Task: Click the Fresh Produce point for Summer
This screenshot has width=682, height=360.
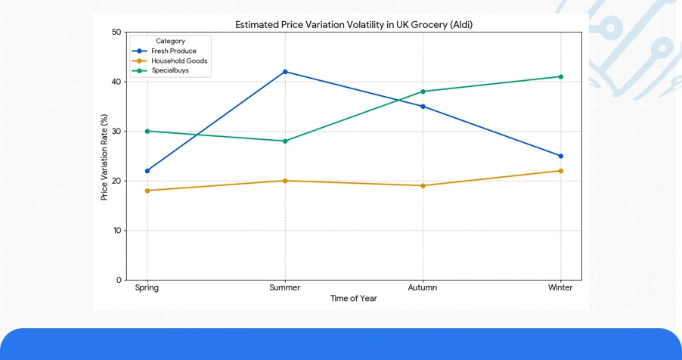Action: pos(285,72)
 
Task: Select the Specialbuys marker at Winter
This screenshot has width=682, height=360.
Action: pos(560,76)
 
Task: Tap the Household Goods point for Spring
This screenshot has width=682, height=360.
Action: pos(147,191)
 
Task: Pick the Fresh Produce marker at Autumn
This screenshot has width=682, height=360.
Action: pos(423,107)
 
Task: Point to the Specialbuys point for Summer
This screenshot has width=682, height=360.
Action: pos(285,141)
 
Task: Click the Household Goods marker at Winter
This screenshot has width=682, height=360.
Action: pos(560,171)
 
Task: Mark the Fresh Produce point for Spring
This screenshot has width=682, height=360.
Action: pos(147,171)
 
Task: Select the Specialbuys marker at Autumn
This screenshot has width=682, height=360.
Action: pos(423,92)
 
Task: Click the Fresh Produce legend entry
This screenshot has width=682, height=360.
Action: pos(173,51)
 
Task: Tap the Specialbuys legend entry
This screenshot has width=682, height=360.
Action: pos(170,70)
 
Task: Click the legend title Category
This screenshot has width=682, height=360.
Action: pos(170,41)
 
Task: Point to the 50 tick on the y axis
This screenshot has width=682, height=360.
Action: pos(116,33)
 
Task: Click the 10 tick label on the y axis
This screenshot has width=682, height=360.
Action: pos(116,231)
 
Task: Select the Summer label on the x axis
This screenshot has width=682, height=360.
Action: pos(285,288)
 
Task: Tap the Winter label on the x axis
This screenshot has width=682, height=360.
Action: pos(560,288)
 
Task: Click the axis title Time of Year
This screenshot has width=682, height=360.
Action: pos(353,299)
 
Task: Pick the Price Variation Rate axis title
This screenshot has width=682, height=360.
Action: pos(104,157)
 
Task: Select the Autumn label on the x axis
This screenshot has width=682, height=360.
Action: pos(423,288)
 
